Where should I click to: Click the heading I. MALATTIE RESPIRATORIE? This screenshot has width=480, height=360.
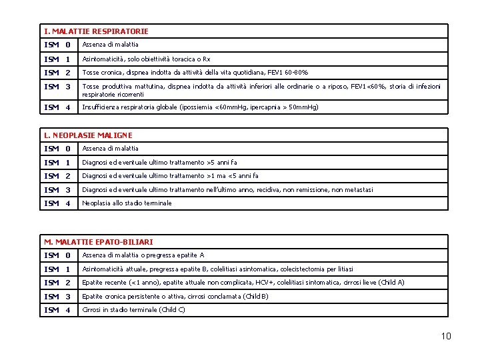[x=96, y=31]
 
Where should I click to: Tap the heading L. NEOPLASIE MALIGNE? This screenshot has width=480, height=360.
[x=88, y=135]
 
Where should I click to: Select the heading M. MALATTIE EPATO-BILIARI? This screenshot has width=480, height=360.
[x=99, y=241]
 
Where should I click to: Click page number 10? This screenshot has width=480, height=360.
[x=445, y=336]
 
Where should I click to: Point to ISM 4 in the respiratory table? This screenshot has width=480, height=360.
[x=57, y=107]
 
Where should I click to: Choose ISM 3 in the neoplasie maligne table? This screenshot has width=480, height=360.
[x=57, y=190]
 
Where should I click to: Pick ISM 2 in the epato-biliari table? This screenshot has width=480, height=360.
[x=57, y=283]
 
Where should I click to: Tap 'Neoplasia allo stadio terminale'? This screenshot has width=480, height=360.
[x=127, y=203]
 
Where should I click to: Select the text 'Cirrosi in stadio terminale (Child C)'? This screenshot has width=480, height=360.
[x=134, y=310]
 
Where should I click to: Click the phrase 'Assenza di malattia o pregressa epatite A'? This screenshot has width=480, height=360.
[x=143, y=255]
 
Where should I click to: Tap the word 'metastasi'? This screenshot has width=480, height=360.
[x=359, y=190]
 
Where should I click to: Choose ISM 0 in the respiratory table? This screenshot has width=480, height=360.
[x=57, y=45]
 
